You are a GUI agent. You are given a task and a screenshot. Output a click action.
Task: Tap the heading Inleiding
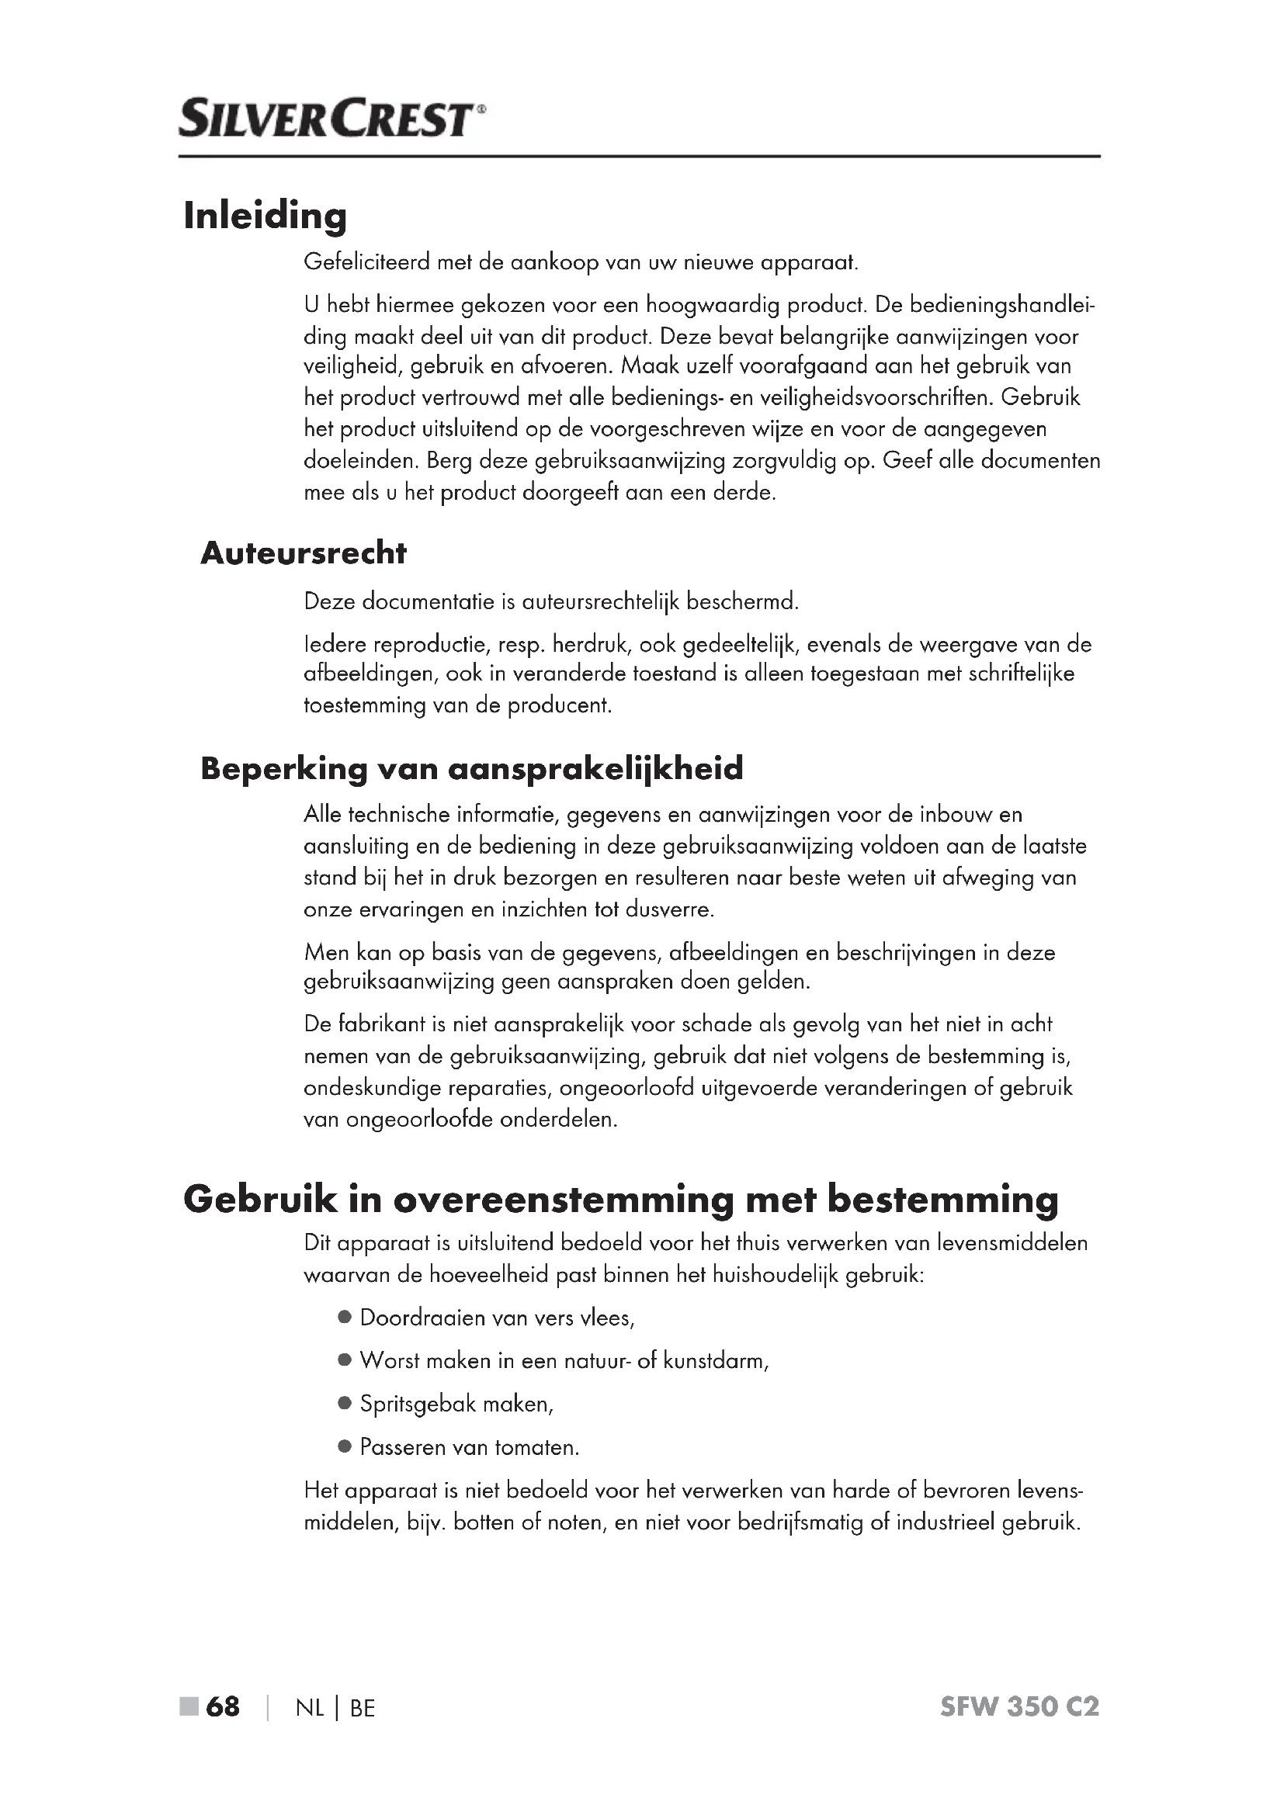[x=265, y=216]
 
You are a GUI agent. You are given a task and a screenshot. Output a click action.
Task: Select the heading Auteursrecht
[x=304, y=553]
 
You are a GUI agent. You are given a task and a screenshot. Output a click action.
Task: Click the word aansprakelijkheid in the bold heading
[x=597, y=768]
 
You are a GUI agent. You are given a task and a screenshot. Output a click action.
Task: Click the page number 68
[x=222, y=1706]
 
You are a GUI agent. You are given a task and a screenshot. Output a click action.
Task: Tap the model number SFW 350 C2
[x=1019, y=1706]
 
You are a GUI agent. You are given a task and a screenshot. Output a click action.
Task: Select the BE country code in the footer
[x=362, y=1708]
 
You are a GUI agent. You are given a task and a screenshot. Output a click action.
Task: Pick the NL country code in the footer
[x=310, y=1708]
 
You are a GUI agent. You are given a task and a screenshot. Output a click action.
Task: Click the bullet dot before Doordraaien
[x=344, y=1318]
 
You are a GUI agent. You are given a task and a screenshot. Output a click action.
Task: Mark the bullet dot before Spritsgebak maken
[x=344, y=1404]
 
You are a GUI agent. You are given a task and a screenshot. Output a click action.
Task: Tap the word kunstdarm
[x=715, y=1360]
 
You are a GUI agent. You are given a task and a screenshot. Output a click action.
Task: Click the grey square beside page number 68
[x=189, y=1706]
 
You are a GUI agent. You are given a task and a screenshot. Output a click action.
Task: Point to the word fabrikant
[x=382, y=1024]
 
